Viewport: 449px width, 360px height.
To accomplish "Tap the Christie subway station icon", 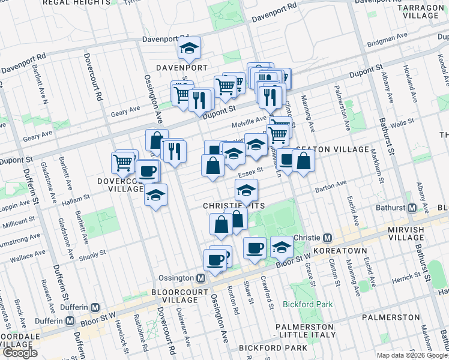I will coord(328,237).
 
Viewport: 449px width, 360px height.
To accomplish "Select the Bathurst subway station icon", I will coord(412,208).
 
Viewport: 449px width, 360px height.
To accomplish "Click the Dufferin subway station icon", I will coord(70,320).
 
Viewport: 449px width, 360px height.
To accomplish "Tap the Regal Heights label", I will coord(56,4).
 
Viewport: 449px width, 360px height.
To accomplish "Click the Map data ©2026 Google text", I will coord(412,355).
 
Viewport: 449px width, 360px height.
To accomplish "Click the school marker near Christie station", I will coord(281,247).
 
